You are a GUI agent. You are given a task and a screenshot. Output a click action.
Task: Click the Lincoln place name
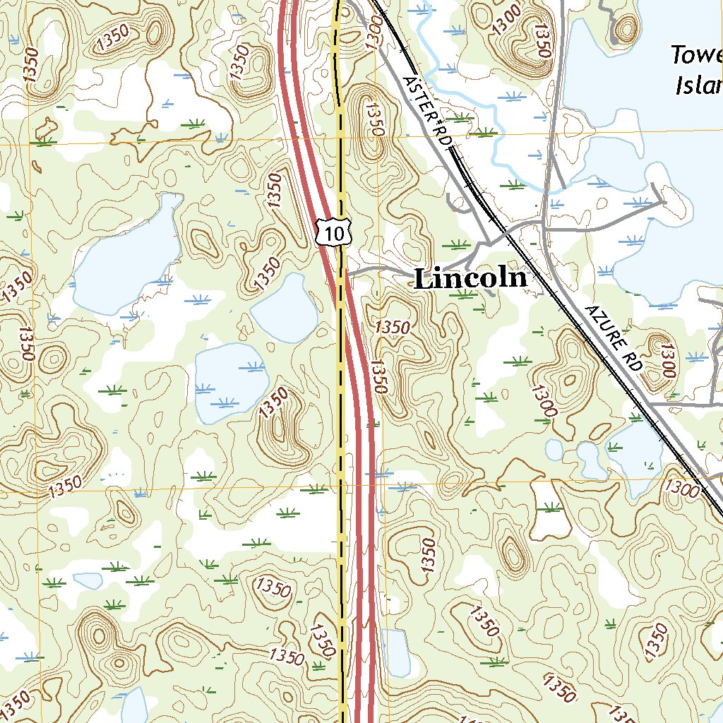click(x=470, y=278)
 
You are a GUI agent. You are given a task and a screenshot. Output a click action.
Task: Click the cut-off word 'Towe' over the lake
click(x=696, y=55)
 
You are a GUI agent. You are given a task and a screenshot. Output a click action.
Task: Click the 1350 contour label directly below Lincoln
click(x=393, y=327)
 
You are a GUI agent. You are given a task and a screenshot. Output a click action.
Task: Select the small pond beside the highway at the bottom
click(x=396, y=652)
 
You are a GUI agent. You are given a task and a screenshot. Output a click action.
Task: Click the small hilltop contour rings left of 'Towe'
click(x=626, y=28)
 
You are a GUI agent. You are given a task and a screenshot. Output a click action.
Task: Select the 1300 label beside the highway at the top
click(x=374, y=32)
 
